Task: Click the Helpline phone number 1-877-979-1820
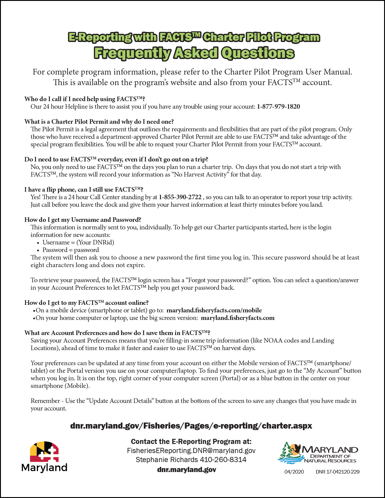coord(278,107)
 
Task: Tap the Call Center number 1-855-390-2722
coord(180,197)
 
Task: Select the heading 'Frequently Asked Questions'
coord(194,53)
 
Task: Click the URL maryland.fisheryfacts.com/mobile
coord(214,310)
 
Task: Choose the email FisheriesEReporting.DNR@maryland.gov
coord(191,451)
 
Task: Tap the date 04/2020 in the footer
coord(294,472)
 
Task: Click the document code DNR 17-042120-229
coord(338,472)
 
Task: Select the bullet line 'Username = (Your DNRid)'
coord(78,242)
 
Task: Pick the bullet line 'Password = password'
coord(71,250)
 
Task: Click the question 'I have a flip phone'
coord(84,190)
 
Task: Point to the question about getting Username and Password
coord(83,220)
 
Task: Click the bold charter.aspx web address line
coord(191,426)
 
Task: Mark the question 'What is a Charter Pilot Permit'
coord(99,122)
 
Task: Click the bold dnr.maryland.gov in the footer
coord(187,470)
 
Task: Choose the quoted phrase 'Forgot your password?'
coord(218,280)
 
